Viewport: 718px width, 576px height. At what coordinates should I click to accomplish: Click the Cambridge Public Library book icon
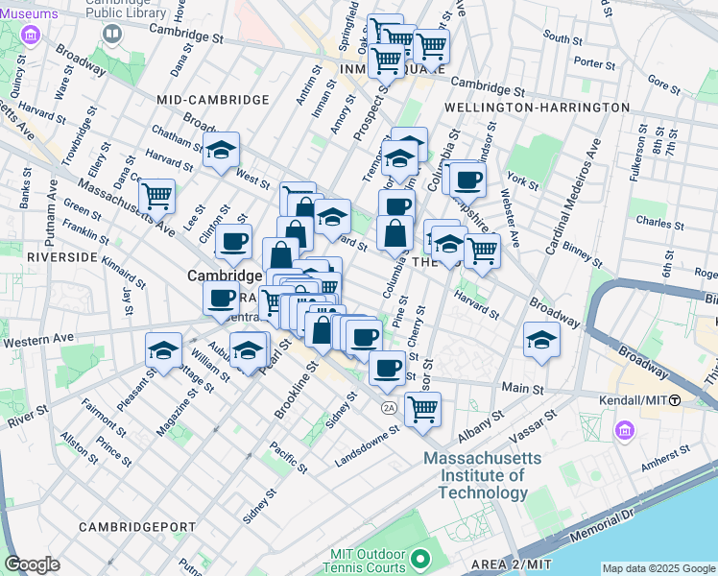pos(112,35)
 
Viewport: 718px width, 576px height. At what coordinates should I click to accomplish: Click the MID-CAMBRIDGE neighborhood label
pos(213,100)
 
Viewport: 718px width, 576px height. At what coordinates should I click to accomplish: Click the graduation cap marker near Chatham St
pos(221,150)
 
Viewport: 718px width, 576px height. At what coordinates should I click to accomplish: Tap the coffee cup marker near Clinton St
pos(232,242)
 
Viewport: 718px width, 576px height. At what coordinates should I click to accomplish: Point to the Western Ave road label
pos(38,340)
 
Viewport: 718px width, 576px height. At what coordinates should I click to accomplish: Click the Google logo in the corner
pos(32,564)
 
